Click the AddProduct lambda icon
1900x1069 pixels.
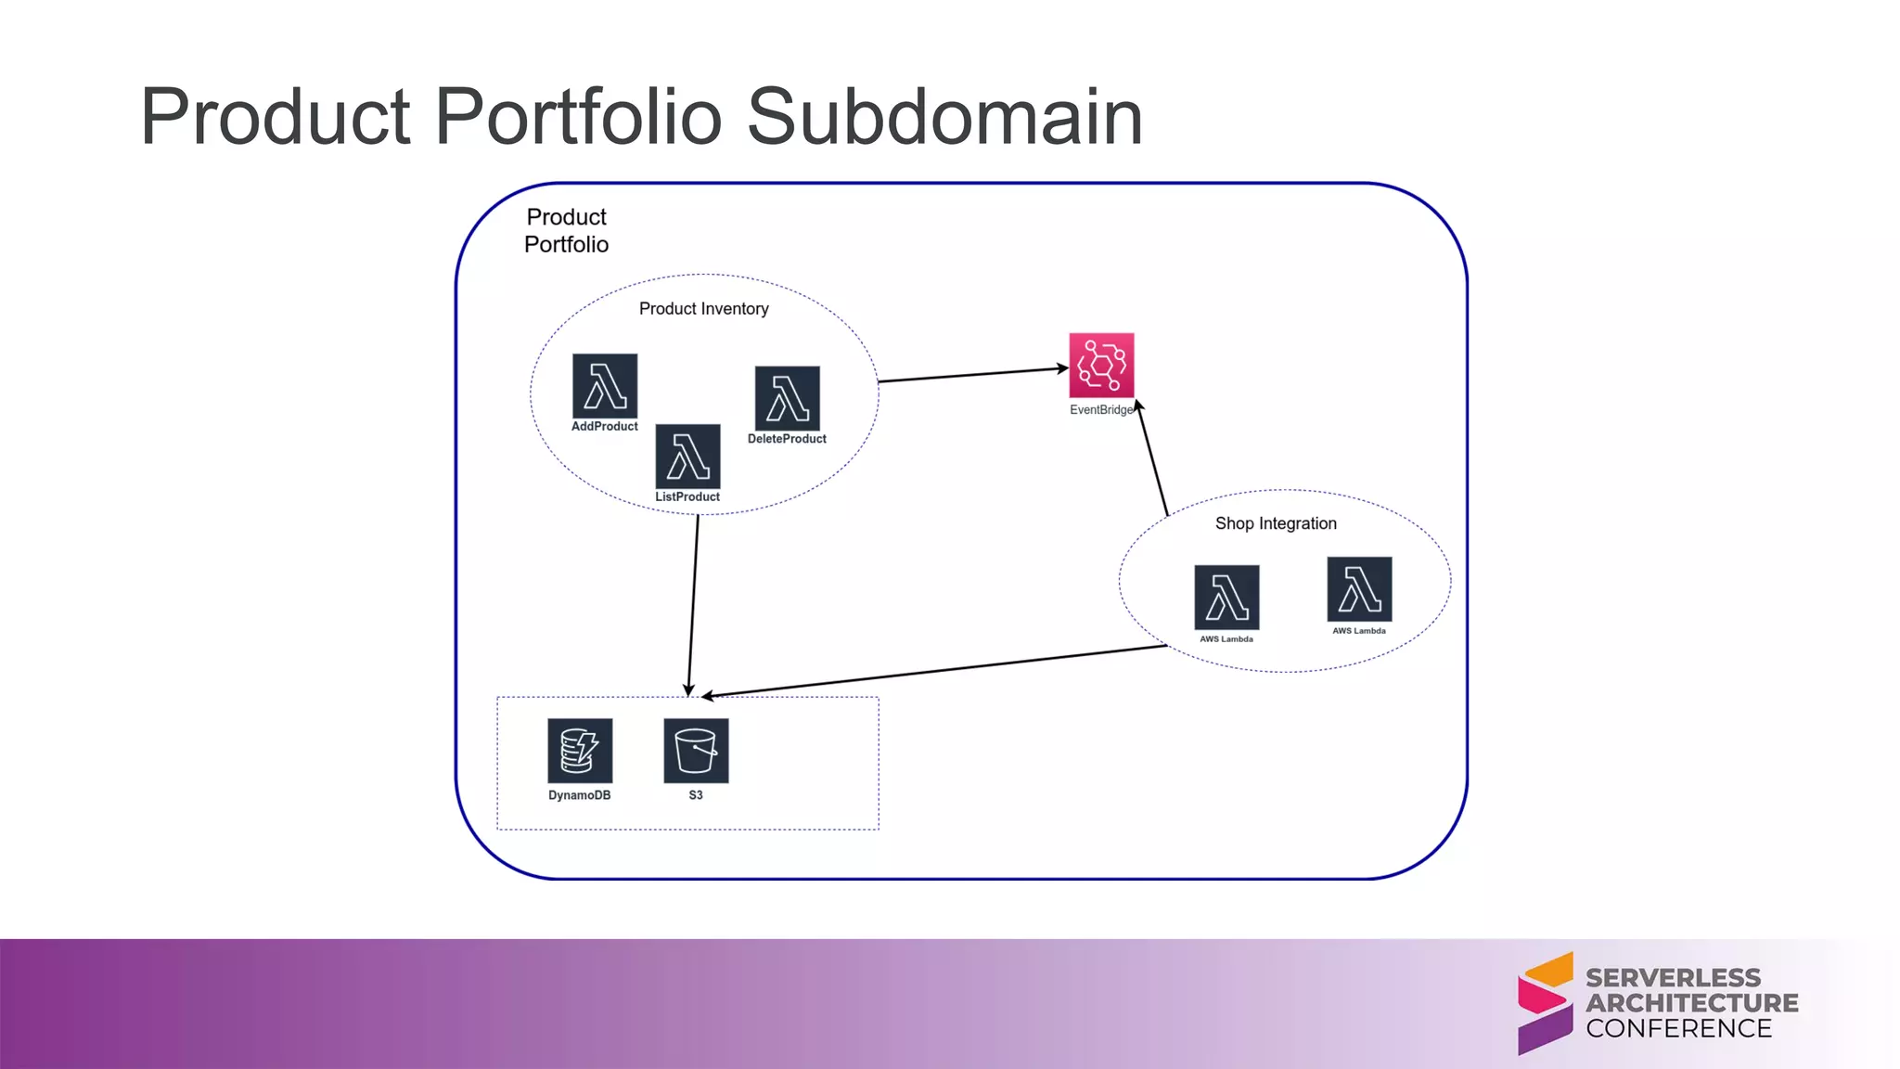tap(605, 385)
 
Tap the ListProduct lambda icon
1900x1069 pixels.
tap(687, 456)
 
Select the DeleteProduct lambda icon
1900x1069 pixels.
tap(787, 398)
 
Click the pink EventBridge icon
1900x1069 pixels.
tap(1101, 365)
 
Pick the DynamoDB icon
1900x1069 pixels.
tap(580, 750)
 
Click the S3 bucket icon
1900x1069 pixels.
tap(696, 750)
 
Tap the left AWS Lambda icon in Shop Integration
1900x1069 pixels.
tap(1226, 597)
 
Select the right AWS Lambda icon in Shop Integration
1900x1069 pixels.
tap(1359, 588)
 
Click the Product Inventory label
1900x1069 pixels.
tap(703, 309)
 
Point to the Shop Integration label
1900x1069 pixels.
tap(1276, 523)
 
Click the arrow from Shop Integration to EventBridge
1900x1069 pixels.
tap(1152, 459)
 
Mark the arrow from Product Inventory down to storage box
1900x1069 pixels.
tap(693, 603)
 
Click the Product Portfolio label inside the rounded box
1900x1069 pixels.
tap(566, 230)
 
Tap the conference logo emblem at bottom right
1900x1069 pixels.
tap(1545, 1003)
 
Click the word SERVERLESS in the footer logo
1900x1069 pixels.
tap(1673, 978)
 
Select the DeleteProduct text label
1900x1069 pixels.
tap(787, 439)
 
